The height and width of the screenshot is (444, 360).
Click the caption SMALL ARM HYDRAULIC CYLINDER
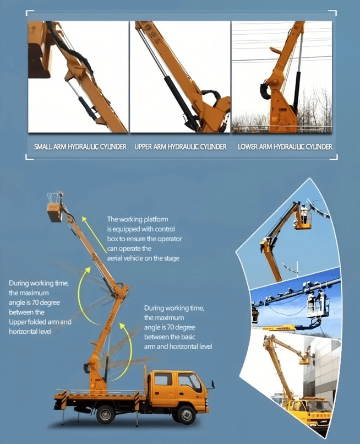tap(80, 147)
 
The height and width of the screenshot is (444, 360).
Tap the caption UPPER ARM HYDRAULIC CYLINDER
tap(181, 147)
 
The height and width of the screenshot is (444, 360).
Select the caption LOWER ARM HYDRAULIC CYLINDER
tap(285, 147)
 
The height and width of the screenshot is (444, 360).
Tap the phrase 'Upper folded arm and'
tap(40, 322)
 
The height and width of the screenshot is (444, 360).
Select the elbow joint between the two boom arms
tap(122, 290)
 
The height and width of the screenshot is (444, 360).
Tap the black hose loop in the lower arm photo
tap(265, 90)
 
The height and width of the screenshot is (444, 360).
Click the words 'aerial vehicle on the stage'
tap(143, 258)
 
